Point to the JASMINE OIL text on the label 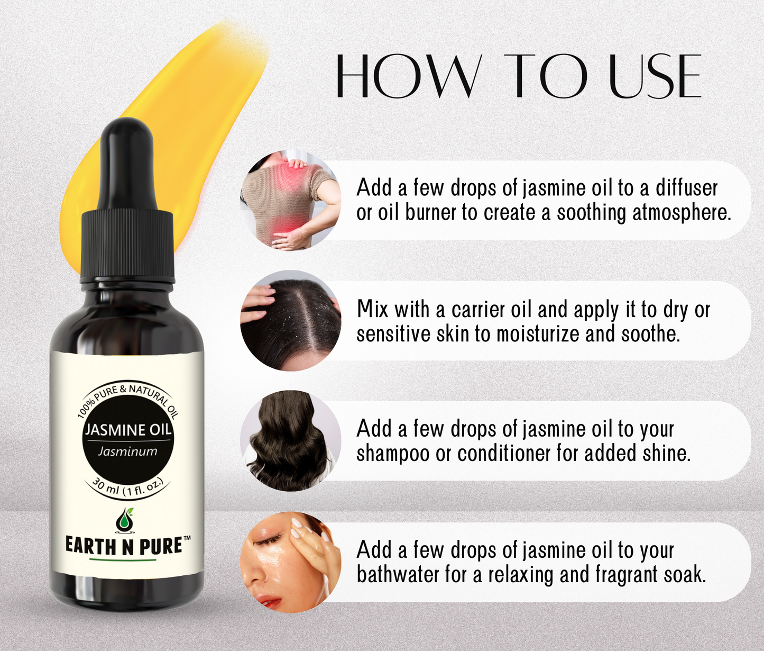pos(128,430)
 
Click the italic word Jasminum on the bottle pos(127,451)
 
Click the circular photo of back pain pos(290,200)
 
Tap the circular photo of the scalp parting pos(290,321)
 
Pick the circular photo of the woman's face pos(290,562)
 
